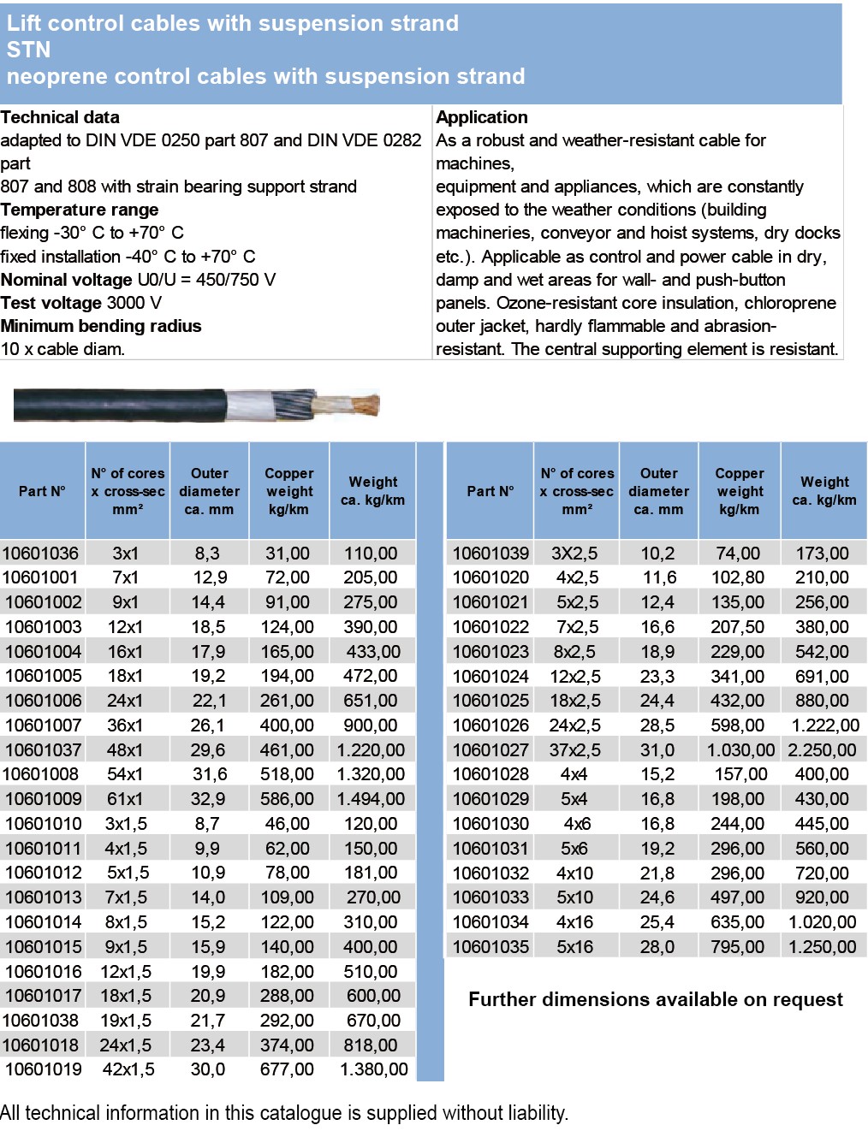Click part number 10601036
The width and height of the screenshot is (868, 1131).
(41, 554)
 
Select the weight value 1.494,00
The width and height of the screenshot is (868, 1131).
(371, 799)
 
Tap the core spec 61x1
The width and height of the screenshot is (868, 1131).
(125, 799)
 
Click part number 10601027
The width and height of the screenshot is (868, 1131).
(490, 750)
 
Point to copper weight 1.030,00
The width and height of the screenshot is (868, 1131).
(740, 750)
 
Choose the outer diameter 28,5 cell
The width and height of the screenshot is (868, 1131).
(657, 725)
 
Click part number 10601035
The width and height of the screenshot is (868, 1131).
(490, 947)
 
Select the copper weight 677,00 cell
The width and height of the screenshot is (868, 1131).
(287, 1069)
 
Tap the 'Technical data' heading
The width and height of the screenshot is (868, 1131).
(60, 117)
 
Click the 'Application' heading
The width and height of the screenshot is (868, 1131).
(482, 117)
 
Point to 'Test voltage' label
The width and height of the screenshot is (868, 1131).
(51, 303)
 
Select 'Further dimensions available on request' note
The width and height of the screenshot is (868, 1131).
(655, 999)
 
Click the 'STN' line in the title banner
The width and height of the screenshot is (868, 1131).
(29, 50)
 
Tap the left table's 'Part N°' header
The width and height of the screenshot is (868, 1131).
(42, 491)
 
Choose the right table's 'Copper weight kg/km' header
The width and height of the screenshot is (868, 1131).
(740, 491)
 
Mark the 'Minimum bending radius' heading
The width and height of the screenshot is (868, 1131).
(101, 326)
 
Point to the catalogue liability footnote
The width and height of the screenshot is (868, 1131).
(284, 1113)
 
